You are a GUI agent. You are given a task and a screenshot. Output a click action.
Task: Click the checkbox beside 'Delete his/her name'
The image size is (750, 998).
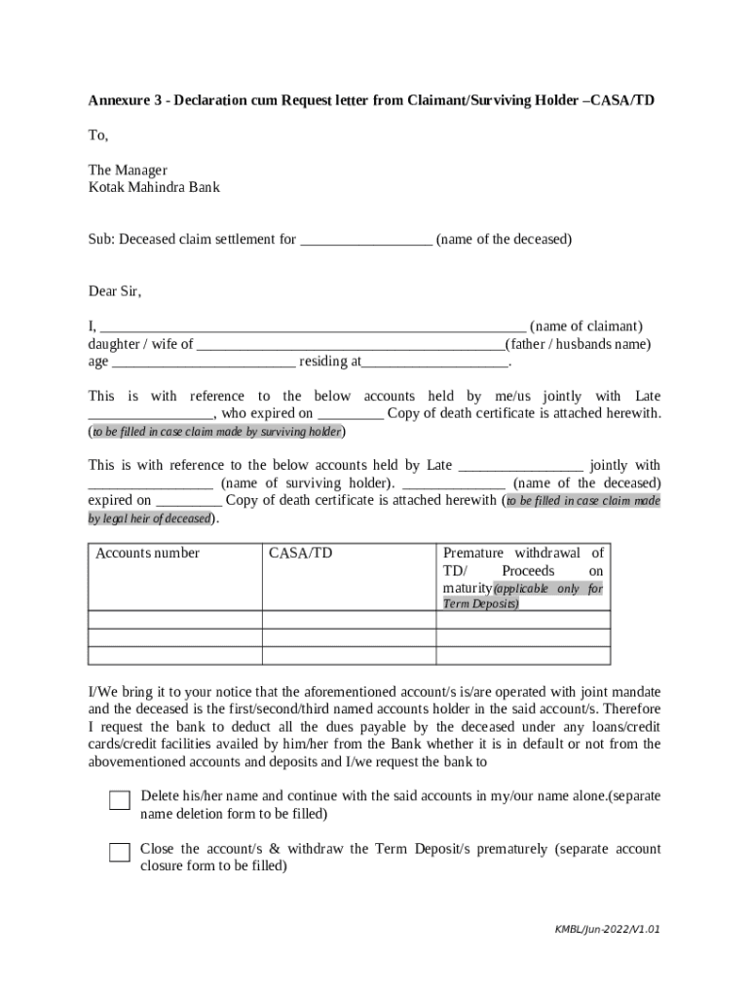[119, 801]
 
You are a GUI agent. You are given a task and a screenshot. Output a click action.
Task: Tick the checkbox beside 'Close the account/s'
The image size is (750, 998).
[119, 853]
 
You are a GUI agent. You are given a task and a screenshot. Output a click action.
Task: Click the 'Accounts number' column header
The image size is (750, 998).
[147, 554]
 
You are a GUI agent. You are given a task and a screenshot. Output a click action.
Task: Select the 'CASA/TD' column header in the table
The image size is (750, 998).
[300, 554]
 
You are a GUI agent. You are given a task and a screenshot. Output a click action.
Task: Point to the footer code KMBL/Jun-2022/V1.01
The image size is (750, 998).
[607, 930]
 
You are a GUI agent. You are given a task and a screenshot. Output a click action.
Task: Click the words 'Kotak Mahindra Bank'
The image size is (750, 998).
[154, 187]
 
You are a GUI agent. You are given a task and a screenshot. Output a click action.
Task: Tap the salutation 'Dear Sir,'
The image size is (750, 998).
[115, 291]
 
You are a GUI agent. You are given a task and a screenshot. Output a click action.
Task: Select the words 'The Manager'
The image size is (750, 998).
[128, 171]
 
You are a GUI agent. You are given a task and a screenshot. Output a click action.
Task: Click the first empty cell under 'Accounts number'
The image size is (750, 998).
[175, 620]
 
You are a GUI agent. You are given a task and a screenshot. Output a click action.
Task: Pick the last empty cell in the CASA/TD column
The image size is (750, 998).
[349, 655]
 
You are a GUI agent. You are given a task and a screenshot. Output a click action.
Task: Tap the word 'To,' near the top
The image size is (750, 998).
[98, 135]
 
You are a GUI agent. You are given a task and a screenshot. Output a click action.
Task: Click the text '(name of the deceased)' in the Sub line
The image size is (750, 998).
[504, 240]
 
